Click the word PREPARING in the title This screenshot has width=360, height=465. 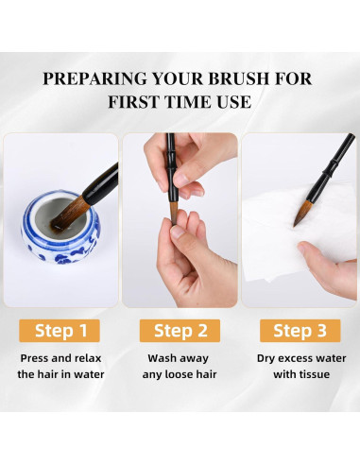(94, 78)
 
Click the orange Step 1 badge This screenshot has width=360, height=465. (60, 331)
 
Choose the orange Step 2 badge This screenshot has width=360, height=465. (180, 331)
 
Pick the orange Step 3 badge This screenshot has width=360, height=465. (300, 331)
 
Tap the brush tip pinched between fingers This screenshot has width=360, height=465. (174, 213)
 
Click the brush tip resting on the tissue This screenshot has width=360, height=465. (302, 213)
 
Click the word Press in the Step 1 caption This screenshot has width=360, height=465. (35, 358)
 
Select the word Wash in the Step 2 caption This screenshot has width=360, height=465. (161, 358)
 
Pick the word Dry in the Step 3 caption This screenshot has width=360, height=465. (266, 358)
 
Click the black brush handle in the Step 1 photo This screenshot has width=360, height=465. (101, 183)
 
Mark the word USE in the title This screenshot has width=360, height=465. (234, 102)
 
